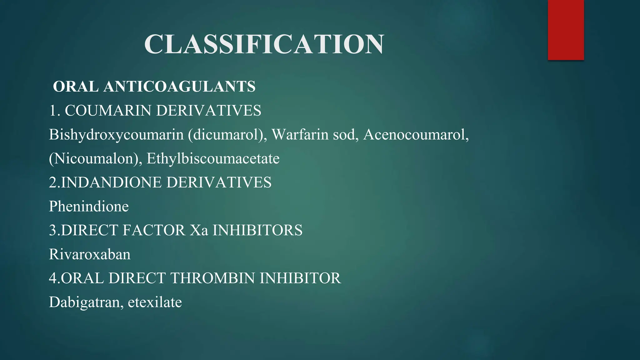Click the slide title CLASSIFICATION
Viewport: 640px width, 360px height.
(264, 44)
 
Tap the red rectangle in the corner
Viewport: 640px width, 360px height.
(566, 30)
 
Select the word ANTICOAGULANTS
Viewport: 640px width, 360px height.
(179, 87)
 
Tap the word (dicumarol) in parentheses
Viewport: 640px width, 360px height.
(227, 135)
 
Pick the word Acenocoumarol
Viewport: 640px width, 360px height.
(416, 135)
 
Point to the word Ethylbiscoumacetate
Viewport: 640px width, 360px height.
(213, 158)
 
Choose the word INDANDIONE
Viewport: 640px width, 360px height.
(111, 182)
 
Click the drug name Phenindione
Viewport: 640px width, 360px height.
(89, 207)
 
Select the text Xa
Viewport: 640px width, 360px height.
(199, 230)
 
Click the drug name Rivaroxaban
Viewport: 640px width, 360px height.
(90, 254)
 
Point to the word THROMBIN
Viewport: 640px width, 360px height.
(212, 278)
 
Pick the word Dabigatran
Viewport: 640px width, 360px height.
(84, 302)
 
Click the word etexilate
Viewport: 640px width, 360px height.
(155, 302)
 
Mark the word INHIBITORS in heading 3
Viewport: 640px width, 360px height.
(257, 230)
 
